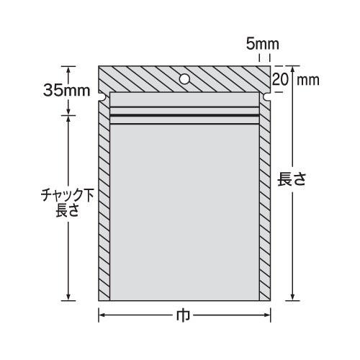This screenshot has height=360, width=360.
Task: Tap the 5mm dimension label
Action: (x=259, y=45)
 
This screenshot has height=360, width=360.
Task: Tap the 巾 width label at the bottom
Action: (x=184, y=315)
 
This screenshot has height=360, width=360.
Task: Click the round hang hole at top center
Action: (x=184, y=78)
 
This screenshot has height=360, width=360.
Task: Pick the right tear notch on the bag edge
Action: (x=268, y=96)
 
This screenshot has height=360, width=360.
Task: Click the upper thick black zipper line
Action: (x=184, y=109)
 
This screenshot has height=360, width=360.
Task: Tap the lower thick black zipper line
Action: (x=184, y=117)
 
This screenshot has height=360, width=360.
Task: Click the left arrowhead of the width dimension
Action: (x=102, y=315)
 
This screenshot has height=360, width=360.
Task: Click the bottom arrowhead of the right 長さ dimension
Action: (x=292, y=297)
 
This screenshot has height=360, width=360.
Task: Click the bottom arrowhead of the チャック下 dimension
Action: (x=70, y=297)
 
